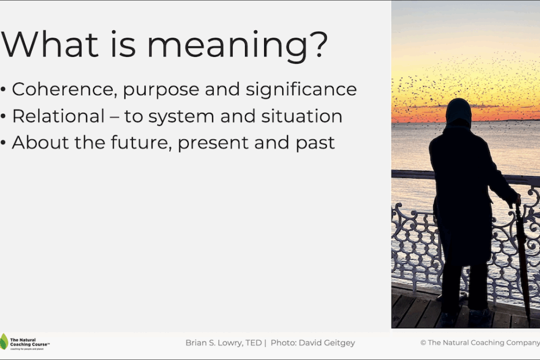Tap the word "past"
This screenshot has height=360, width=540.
click(314, 143)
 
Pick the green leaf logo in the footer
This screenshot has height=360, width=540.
click(4, 342)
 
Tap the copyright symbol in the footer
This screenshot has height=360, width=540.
click(423, 343)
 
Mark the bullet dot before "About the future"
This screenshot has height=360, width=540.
click(3, 143)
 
